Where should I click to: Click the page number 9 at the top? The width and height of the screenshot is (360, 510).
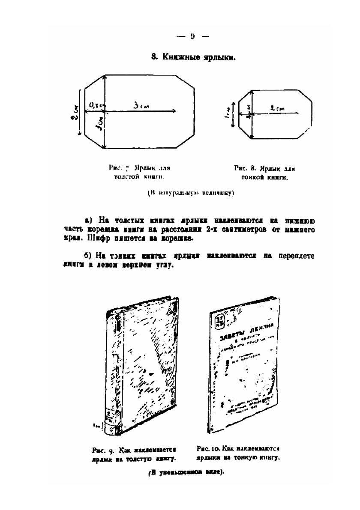[193, 36]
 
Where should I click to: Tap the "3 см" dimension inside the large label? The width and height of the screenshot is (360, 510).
[141, 107]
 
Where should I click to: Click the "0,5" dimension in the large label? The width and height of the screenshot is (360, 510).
[95, 104]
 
